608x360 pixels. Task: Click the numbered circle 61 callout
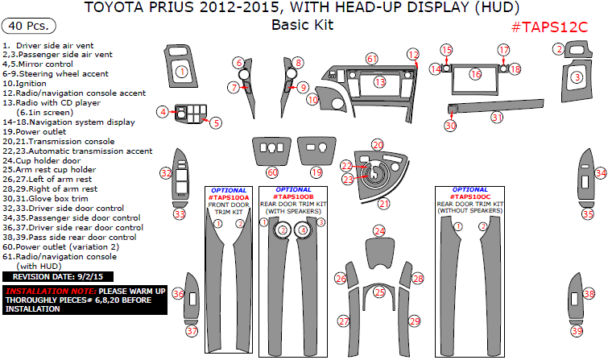pyautogui.click(x=371, y=59)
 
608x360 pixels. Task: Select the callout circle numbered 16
pyautogui.click(x=475, y=74)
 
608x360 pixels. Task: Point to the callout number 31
pyautogui.click(x=497, y=118)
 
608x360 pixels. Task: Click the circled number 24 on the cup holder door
pyautogui.click(x=378, y=231)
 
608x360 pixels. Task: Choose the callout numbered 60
pyautogui.click(x=272, y=172)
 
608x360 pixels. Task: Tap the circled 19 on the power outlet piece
pyautogui.click(x=316, y=172)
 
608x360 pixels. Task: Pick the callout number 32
pyautogui.click(x=165, y=172)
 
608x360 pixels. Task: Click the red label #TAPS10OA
pyautogui.click(x=229, y=197)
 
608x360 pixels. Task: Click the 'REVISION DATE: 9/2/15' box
pyautogui.click(x=51, y=276)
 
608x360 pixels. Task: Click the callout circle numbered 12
pyautogui.click(x=413, y=54)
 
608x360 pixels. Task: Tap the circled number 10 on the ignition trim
pyautogui.click(x=312, y=100)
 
